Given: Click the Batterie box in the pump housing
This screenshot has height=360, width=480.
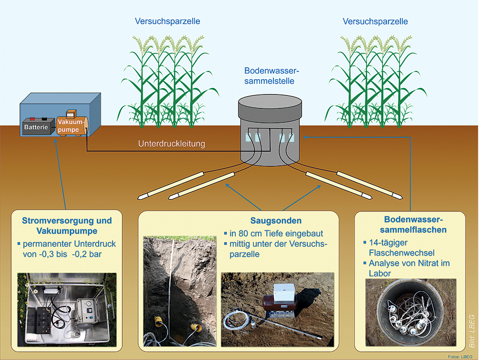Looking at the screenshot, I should [37, 127].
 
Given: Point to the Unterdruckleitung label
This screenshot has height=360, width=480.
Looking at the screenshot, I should [171, 144].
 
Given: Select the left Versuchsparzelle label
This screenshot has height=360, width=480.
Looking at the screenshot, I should [168, 21].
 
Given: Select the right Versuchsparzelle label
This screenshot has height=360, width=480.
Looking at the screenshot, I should [375, 21].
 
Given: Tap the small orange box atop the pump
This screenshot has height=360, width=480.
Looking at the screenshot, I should [70, 113].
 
